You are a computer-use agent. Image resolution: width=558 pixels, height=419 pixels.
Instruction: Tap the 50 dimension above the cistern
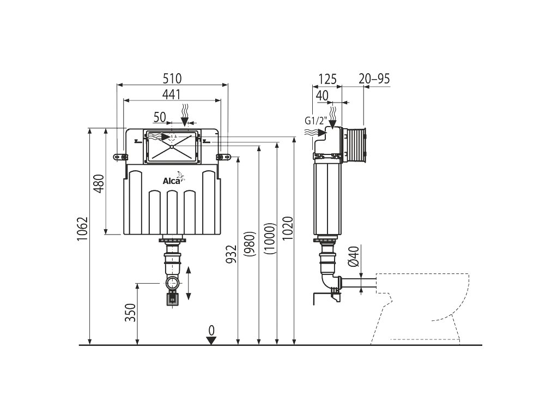click(159, 116)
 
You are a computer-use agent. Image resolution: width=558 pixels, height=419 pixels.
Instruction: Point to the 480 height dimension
click(98, 184)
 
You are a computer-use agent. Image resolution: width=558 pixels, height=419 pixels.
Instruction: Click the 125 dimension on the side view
click(325, 79)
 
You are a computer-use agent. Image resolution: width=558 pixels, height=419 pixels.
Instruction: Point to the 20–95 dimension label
click(374, 79)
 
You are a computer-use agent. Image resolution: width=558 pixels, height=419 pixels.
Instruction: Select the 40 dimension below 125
click(322, 95)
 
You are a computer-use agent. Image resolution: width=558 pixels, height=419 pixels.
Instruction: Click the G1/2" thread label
click(315, 120)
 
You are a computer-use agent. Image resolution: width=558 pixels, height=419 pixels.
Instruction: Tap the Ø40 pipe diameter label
click(353, 256)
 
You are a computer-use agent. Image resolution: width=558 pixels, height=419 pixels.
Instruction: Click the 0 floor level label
click(211, 330)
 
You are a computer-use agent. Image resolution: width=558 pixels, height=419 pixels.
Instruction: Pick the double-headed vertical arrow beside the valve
click(189, 283)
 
